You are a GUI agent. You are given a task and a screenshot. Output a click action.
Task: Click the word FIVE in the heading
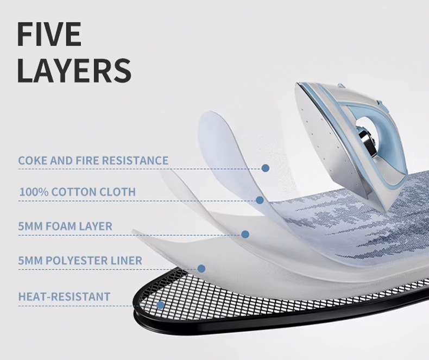point(49,35)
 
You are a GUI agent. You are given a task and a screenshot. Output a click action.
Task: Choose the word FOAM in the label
point(62,226)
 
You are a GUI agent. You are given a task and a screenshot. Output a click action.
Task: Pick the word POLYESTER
point(80,261)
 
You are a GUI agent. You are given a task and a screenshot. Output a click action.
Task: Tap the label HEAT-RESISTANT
point(64,296)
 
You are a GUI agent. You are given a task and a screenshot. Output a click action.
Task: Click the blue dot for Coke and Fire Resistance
point(266,168)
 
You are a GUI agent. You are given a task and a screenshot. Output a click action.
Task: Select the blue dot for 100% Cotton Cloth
point(260,200)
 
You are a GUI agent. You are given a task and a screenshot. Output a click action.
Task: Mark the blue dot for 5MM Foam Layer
point(245,234)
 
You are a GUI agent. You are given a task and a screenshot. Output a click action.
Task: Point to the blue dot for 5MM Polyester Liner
point(201,268)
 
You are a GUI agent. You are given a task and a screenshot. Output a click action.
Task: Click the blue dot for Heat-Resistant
point(160,305)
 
